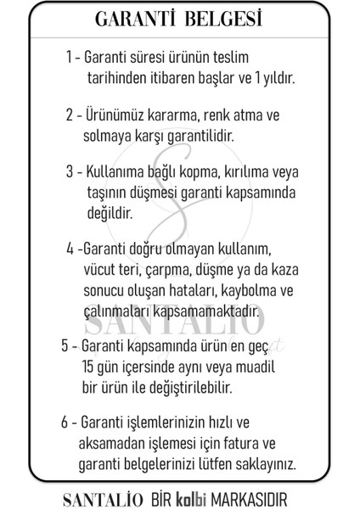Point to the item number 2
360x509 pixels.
tap(69, 114)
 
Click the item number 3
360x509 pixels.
tap(70, 170)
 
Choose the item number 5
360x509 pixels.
tap(65, 345)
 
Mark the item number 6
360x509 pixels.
tap(65, 422)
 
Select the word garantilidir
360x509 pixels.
tap(194, 134)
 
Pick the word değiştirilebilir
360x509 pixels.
tap(184, 387)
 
